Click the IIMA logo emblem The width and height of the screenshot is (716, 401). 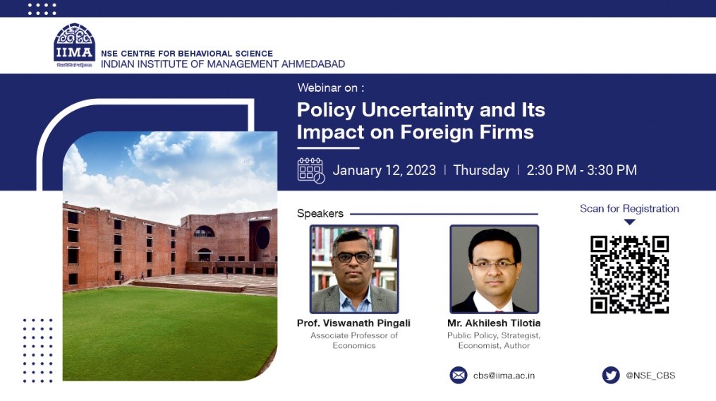pos(75,44)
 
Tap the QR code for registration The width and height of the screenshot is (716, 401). pos(629,275)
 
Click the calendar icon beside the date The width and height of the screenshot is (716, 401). pos(311,171)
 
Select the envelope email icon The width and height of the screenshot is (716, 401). pos(459,376)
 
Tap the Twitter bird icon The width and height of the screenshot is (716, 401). pos(610,376)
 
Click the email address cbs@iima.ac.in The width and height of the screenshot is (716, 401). pos(504,376)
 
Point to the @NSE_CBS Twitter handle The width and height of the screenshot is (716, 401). pos(650,376)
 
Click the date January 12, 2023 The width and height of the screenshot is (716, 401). pos(384,171)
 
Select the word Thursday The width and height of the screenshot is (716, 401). pos(481,171)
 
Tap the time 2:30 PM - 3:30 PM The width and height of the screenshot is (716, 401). pos(581,171)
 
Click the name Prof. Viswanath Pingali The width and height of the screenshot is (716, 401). pos(353,323)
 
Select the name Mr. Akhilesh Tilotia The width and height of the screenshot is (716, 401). pos(494,323)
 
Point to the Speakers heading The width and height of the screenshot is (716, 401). pos(320,213)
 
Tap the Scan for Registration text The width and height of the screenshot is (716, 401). pos(629,208)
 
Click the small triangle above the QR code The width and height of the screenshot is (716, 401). pos(629,222)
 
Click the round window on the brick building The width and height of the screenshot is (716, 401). pos(262,237)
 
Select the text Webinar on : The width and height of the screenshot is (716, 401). pos(331,88)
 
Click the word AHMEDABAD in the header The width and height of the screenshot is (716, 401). pos(313,64)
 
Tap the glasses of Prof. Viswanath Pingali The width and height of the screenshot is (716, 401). pos(354,258)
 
